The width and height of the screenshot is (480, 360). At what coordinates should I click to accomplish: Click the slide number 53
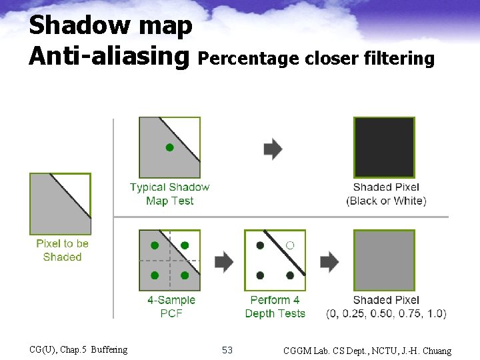pos(227,350)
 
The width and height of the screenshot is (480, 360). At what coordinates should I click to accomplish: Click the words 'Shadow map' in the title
pos(111,25)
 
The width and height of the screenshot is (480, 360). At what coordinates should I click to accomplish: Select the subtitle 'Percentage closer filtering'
pos(317,59)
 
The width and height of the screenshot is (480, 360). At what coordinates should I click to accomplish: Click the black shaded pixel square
pos(383,147)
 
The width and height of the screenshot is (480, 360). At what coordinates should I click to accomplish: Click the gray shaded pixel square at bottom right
pos(383,261)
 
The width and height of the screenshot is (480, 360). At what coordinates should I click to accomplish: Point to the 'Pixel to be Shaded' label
pos(62,250)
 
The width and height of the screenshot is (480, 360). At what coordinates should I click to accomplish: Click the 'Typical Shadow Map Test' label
pos(169,194)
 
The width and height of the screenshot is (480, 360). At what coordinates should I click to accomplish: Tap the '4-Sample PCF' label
pos(171,307)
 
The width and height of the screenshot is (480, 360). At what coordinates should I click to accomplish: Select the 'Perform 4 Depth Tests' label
pos(275,307)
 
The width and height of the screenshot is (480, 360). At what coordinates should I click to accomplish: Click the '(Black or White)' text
pos(386,201)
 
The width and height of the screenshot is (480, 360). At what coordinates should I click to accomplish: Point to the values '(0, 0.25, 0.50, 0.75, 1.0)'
pos(386,313)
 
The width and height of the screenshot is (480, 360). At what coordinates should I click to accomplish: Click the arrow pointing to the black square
pos(273,149)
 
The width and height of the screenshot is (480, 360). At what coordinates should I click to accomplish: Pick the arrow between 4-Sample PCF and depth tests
pos(224,261)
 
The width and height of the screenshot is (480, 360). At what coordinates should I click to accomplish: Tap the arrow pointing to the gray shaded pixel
pos(329,261)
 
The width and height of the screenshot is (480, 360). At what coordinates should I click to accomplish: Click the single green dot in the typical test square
pos(169,147)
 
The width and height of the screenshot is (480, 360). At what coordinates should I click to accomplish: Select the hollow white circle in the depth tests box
pos(290,245)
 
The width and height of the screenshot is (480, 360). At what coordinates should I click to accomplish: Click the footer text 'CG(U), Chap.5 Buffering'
pos(79,349)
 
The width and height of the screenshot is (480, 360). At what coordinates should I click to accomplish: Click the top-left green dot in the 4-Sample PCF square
pos(155,245)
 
